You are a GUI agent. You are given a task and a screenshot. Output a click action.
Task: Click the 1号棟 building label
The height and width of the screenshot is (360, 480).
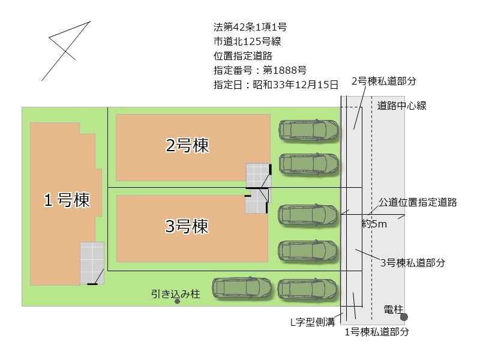coord(67,200)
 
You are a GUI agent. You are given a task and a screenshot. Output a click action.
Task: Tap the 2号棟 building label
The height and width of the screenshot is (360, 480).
coord(187,145)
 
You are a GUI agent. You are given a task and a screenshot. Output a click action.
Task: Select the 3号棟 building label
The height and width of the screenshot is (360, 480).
coord(187,226)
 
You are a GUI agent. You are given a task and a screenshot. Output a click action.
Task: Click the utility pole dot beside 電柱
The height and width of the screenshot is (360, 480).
coord(404,317)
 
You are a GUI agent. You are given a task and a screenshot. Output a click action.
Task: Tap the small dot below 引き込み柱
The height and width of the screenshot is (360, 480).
coord(177,302)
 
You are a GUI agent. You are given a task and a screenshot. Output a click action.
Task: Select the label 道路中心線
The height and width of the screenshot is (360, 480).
coord(402,106)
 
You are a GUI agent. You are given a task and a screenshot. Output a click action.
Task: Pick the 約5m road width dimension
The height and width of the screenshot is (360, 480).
coord(374,224)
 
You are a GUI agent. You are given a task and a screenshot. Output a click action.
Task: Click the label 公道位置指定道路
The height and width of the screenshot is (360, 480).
coord(418,202)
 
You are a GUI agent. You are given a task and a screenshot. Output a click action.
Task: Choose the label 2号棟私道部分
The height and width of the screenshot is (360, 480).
coord(384,80)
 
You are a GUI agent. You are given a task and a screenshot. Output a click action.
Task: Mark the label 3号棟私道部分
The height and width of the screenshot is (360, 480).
coord(413,262)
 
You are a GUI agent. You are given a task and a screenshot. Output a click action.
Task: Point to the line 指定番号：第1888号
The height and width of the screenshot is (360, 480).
coord(260,70)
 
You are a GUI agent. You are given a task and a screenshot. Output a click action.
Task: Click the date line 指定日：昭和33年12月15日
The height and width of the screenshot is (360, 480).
coord(276,85)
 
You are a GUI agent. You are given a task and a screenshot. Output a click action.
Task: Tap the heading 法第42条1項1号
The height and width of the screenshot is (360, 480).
coord(250,27)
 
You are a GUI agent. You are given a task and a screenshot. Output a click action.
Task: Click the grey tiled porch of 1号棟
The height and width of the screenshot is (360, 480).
coord(92,262)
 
